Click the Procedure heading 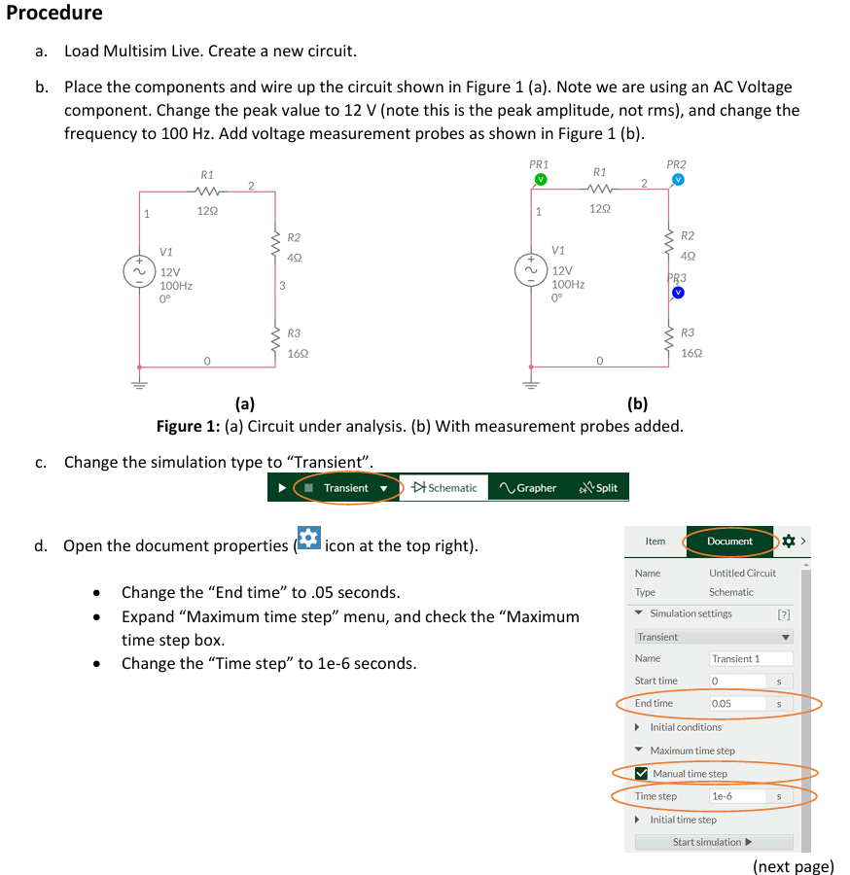tap(54, 14)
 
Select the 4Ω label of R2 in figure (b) tap(688, 257)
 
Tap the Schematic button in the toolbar tap(444, 488)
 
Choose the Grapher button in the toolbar tap(528, 488)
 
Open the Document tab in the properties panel tap(729, 542)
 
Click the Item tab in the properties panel tap(655, 542)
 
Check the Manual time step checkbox tap(641, 774)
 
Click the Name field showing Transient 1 tap(750, 658)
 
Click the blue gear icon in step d tap(308, 539)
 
